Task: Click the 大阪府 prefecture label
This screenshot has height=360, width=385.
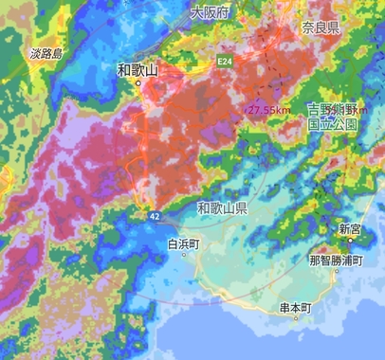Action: pos(211,13)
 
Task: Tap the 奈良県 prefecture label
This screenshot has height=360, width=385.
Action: pos(321,27)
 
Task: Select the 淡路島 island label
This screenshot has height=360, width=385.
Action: pos(46,54)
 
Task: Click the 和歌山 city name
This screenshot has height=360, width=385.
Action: pos(137,69)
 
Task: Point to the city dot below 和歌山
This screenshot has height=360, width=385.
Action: pos(137,83)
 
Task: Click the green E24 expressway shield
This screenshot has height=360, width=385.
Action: pos(225,62)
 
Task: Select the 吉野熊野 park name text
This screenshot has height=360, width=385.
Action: pos(333,109)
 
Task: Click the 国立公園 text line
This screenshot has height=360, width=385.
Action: pos(333,124)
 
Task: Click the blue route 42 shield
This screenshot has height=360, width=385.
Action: pos(155,216)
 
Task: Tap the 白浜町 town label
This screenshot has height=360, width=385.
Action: pos(184,243)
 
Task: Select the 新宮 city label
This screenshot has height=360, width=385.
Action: pos(349,229)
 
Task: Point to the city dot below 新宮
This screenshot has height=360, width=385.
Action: pos(350,241)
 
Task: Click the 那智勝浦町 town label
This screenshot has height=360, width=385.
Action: pos(335,259)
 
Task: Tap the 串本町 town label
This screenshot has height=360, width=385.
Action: pos(296,307)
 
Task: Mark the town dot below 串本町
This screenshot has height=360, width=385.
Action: pos(296,318)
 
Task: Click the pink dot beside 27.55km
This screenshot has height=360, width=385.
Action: pos(248,111)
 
